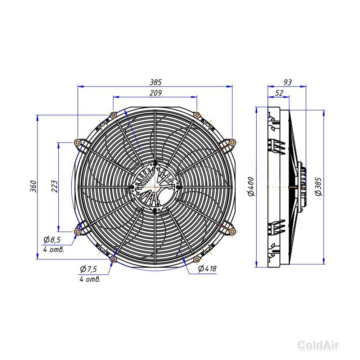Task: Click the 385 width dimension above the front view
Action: [x=156, y=82]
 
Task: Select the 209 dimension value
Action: [x=156, y=93]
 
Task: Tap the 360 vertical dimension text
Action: [x=33, y=186]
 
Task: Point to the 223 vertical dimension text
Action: [x=54, y=186]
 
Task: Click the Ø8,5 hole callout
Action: [x=52, y=240]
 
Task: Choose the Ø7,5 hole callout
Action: [x=89, y=269]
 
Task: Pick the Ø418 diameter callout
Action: [x=207, y=269]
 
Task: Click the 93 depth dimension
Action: [x=287, y=82]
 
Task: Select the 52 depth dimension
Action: [x=279, y=93]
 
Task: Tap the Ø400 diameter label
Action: [x=251, y=186]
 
